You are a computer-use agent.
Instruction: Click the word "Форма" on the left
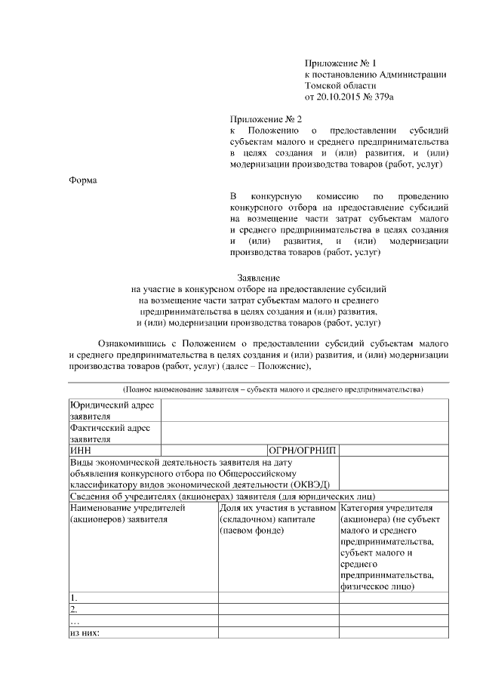[x=82, y=180]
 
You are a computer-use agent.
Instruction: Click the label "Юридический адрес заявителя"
[x=111, y=411]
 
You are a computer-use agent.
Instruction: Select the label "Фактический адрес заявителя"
[x=109, y=432]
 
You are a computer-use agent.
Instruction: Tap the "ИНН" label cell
[x=80, y=450]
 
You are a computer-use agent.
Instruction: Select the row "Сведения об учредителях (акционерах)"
[x=223, y=496]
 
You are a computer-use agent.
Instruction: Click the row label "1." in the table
[x=74, y=598]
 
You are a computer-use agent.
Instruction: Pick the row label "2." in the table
[x=74, y=609]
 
